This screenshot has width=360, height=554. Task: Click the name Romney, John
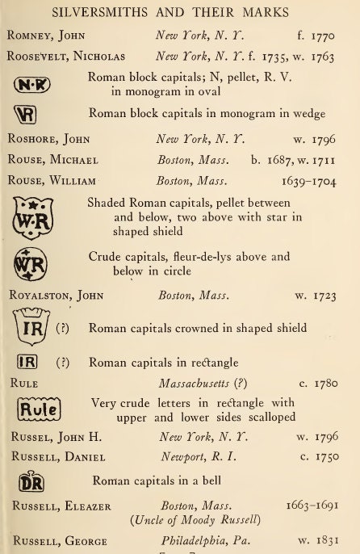click(45, 36)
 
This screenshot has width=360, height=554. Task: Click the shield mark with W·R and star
click(32, 217)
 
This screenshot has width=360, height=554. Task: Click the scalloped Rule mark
click(37, 409)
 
